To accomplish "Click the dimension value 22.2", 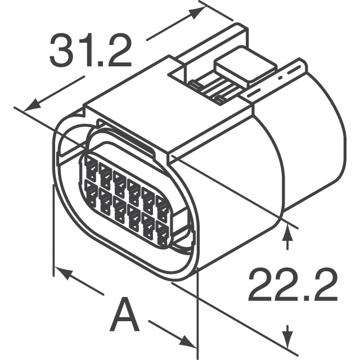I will tap(292, 285).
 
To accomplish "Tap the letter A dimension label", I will tap(124, 317).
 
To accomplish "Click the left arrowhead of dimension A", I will tap(64, 274).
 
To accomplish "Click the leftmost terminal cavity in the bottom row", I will tap(90, 192).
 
